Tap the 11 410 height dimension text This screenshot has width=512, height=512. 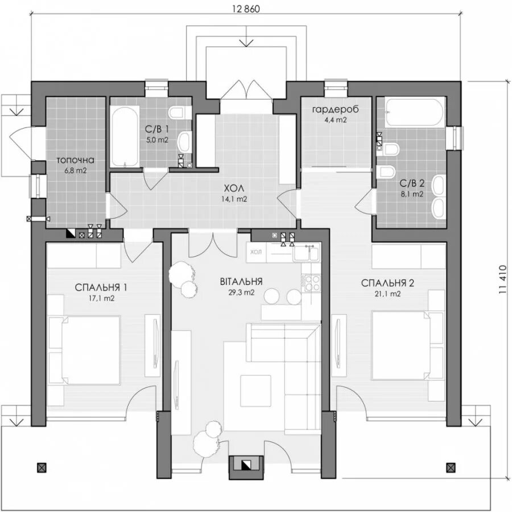click(x=503, y=278)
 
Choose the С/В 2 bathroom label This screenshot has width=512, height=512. click(x=412, y=183)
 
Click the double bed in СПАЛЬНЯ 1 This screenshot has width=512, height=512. click(x=85, y=349)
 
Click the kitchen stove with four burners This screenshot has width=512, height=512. click(x=311, y=281)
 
